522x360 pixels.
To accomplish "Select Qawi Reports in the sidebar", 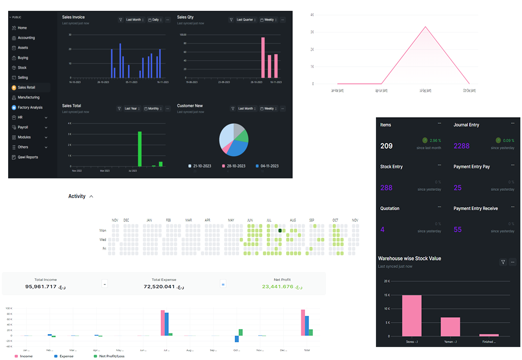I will (x=28, y=157).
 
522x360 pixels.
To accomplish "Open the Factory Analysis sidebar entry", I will (x=30, y=108).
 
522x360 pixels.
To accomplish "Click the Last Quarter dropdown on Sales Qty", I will (x=247, y=19).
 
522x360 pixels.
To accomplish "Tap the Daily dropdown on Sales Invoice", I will (x=154, y=19).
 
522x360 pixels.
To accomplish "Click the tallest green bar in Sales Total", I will (x=140, y=149).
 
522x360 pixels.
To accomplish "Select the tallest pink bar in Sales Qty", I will (x=263, y=57).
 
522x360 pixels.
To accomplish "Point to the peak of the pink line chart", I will (x=425, y=26).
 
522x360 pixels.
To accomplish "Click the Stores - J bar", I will (x=411, y=315).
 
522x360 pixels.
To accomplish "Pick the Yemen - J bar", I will (x=450, y=326).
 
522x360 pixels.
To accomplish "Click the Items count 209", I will (x=386, y=146).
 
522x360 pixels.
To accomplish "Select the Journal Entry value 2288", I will (x=461, y=146).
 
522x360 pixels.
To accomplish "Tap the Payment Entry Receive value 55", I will (x=458, y=230).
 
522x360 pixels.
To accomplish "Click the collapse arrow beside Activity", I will (x=91, y=196).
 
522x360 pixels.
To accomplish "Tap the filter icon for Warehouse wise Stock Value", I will (x=503, y=262).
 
